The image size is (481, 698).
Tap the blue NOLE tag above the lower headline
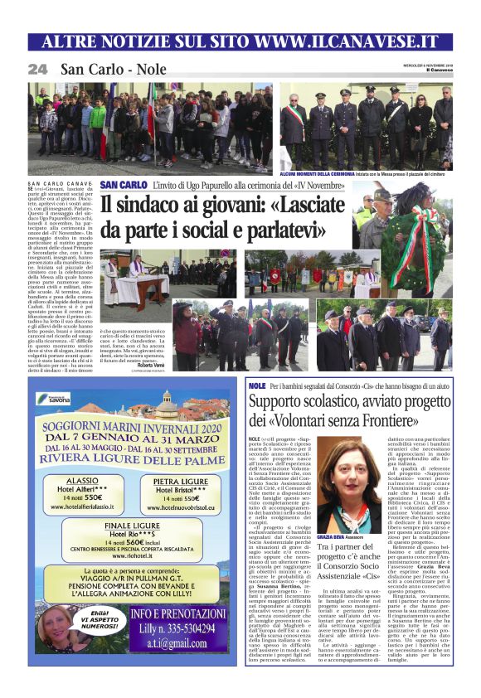(x=257, y=386)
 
